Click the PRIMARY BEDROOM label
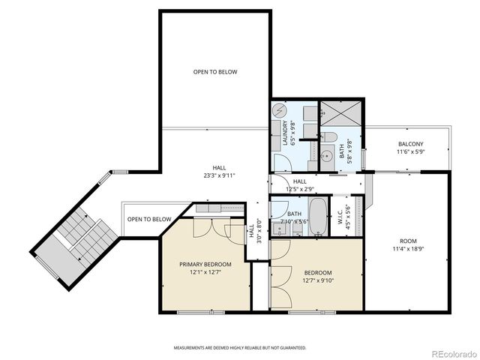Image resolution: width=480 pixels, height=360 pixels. tap(205, 264)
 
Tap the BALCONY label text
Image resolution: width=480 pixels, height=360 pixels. tap(410, 144)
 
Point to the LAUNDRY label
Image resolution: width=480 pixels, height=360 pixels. tap(286, 135)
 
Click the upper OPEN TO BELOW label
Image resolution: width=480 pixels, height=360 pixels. tap(215, 72)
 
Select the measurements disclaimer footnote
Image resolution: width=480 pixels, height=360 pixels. tap(240, 348)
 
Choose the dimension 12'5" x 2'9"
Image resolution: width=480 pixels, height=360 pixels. tap(299, 189)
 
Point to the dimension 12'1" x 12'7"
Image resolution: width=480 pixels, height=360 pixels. tap(205, 272)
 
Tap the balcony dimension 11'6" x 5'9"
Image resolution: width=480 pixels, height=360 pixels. tap(410, 152)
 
